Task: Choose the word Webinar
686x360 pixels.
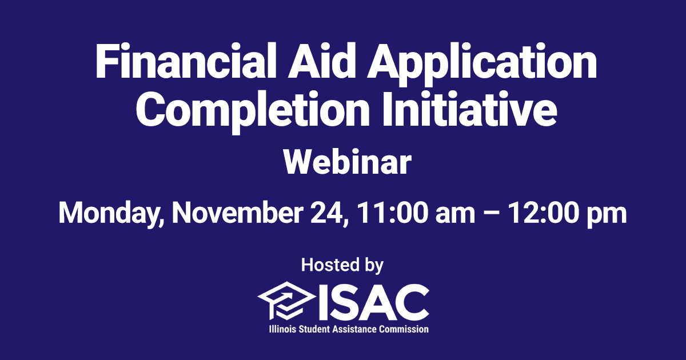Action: click(x=347, y=162)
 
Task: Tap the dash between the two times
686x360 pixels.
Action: click(x=488, y=215)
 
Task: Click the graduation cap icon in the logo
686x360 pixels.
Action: click(x=286, y=302)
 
